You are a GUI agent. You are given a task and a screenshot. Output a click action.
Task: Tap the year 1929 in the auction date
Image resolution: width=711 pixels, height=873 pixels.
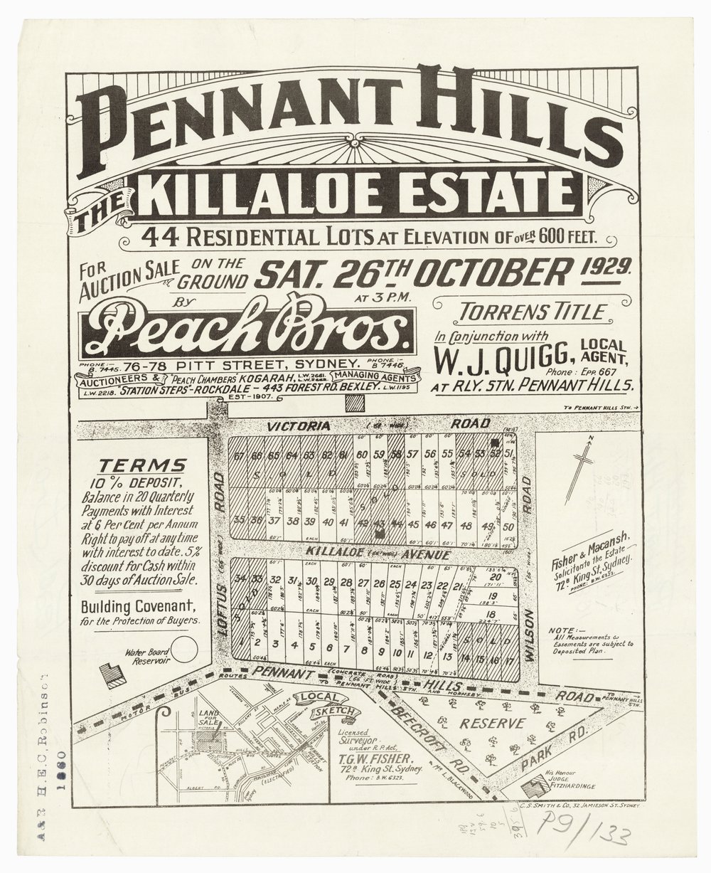point(611,269)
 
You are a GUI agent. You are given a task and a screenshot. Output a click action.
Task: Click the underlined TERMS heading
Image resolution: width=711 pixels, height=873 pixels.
point(142,465)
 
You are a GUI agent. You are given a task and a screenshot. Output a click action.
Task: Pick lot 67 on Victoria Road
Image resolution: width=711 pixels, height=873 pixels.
point(238,456)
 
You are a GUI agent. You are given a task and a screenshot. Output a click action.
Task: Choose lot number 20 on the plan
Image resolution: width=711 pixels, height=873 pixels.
point(506,576)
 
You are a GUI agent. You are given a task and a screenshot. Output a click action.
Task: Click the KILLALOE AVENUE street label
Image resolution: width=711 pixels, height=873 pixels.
point(369,553)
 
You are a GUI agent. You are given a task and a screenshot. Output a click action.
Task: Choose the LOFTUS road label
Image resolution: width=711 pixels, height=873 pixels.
point(220,600)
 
